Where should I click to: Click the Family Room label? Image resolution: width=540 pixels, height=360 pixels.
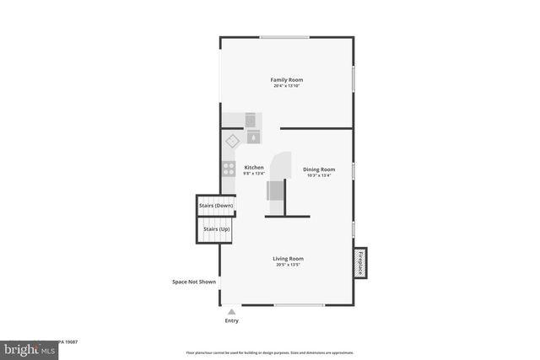click(x=287, y=79)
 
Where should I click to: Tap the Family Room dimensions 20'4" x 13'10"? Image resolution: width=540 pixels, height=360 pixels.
click(x=287, y=86)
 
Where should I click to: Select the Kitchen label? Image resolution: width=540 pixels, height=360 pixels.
click(x=253, y=167)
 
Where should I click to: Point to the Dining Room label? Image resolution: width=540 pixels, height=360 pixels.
click(x=319, y=169)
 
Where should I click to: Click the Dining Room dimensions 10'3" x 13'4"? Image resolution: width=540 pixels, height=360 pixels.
click(x=319, y=175)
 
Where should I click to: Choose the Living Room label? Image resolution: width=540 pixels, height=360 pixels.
click(x=288, y=258)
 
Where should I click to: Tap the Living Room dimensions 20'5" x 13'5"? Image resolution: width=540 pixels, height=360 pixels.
click(x=288, y=265)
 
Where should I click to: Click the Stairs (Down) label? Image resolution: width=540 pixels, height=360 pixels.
click(x=216, y=206)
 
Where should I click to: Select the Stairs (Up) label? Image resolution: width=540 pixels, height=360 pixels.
click(x=214, y=229)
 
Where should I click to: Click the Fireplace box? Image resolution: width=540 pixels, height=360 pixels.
click(x=360, y=262)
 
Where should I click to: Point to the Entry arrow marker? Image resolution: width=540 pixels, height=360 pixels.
click(x=231, y=312)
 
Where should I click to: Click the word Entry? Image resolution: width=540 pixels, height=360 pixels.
click(x=231, y=320)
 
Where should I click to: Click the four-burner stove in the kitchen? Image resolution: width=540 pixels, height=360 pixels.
click(x=228, y=168)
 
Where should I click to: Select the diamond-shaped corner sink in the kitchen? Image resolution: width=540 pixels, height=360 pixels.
click(x=232, y=141)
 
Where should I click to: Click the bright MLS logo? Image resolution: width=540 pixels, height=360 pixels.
click(x=25, y=347)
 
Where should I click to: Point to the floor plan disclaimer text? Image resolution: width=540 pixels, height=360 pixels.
click(x=270, y=352)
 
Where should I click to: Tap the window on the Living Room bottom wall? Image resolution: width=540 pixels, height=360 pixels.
click(x=299, y=305)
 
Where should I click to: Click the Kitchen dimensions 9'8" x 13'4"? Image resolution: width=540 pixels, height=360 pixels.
click(x=253, y=174)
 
